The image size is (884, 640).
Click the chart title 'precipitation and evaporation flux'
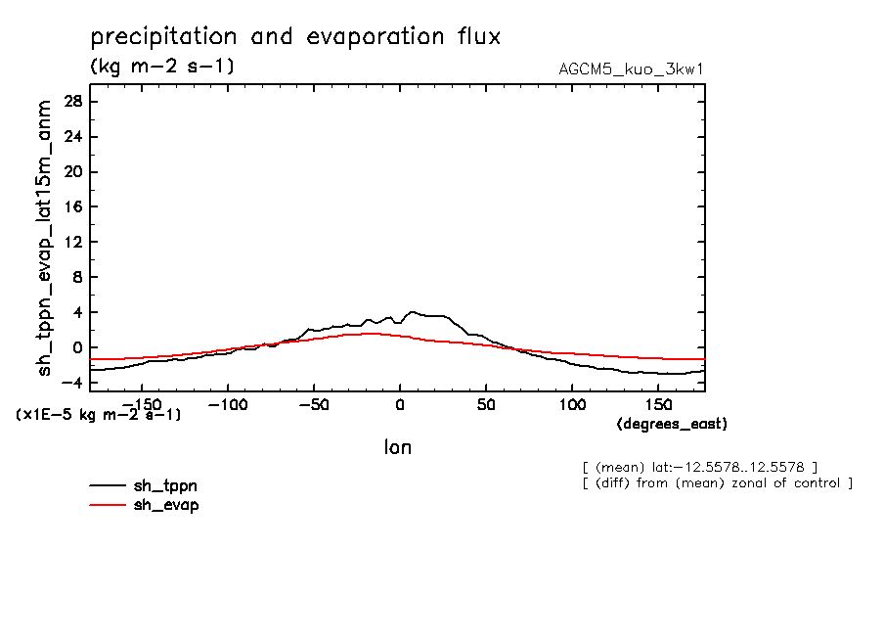(x=295, y=38)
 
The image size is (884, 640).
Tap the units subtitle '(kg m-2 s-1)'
(x=161, y=67)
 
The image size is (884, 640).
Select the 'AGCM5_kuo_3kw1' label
(x=631, y=69)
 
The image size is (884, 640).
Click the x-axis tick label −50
(x=313, y=404)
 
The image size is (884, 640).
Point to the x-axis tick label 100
(x=572, y=404)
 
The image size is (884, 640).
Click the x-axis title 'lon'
(x=397, y=448)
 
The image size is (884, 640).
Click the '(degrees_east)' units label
(x=672, y=424)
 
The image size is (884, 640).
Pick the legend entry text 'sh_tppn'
(x=166, y=485)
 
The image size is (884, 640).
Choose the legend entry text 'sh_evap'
(x=166, y=505)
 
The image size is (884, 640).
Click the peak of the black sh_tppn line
(x=413, y=312)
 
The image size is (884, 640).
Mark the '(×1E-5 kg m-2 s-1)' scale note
(x=99, y=415)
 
